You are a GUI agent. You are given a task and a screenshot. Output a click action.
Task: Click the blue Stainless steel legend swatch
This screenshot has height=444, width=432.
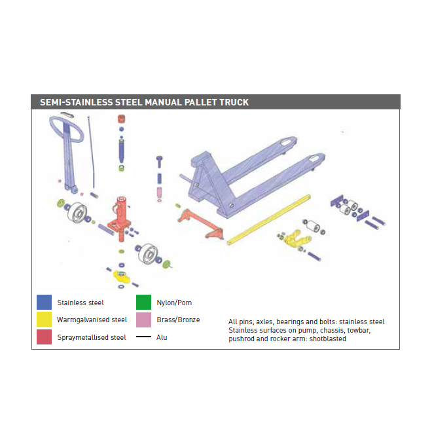[44, 302]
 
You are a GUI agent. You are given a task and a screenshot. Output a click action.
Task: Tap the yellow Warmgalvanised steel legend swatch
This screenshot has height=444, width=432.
[44, 320]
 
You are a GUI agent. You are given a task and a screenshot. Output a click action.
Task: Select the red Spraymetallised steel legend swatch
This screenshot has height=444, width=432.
[44, 337]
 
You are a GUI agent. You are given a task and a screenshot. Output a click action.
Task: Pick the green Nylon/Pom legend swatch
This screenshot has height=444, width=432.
[143, 302]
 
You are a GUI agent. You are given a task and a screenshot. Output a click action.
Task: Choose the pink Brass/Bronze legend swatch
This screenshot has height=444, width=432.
[143, 320]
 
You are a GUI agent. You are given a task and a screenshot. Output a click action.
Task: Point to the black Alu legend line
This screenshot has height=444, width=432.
[143, 337]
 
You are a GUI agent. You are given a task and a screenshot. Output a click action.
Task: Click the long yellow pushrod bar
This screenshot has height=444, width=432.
[268, 220]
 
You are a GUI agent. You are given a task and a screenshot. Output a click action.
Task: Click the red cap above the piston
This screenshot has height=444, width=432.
[122, 119]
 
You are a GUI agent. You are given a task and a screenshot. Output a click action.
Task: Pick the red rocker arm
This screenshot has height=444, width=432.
[200, 224]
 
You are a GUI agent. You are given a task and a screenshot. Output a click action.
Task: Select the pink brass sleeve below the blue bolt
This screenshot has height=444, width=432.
[159, 193]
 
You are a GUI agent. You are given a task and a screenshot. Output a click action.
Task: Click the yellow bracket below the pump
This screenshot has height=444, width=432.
[122, 276]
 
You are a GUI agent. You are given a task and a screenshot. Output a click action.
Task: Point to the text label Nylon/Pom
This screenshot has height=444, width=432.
[174, 303]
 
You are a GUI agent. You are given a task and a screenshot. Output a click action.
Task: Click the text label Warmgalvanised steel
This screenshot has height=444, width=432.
[92, 320]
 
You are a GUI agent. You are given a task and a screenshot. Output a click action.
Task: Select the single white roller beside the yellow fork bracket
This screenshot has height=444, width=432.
[313, 226]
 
